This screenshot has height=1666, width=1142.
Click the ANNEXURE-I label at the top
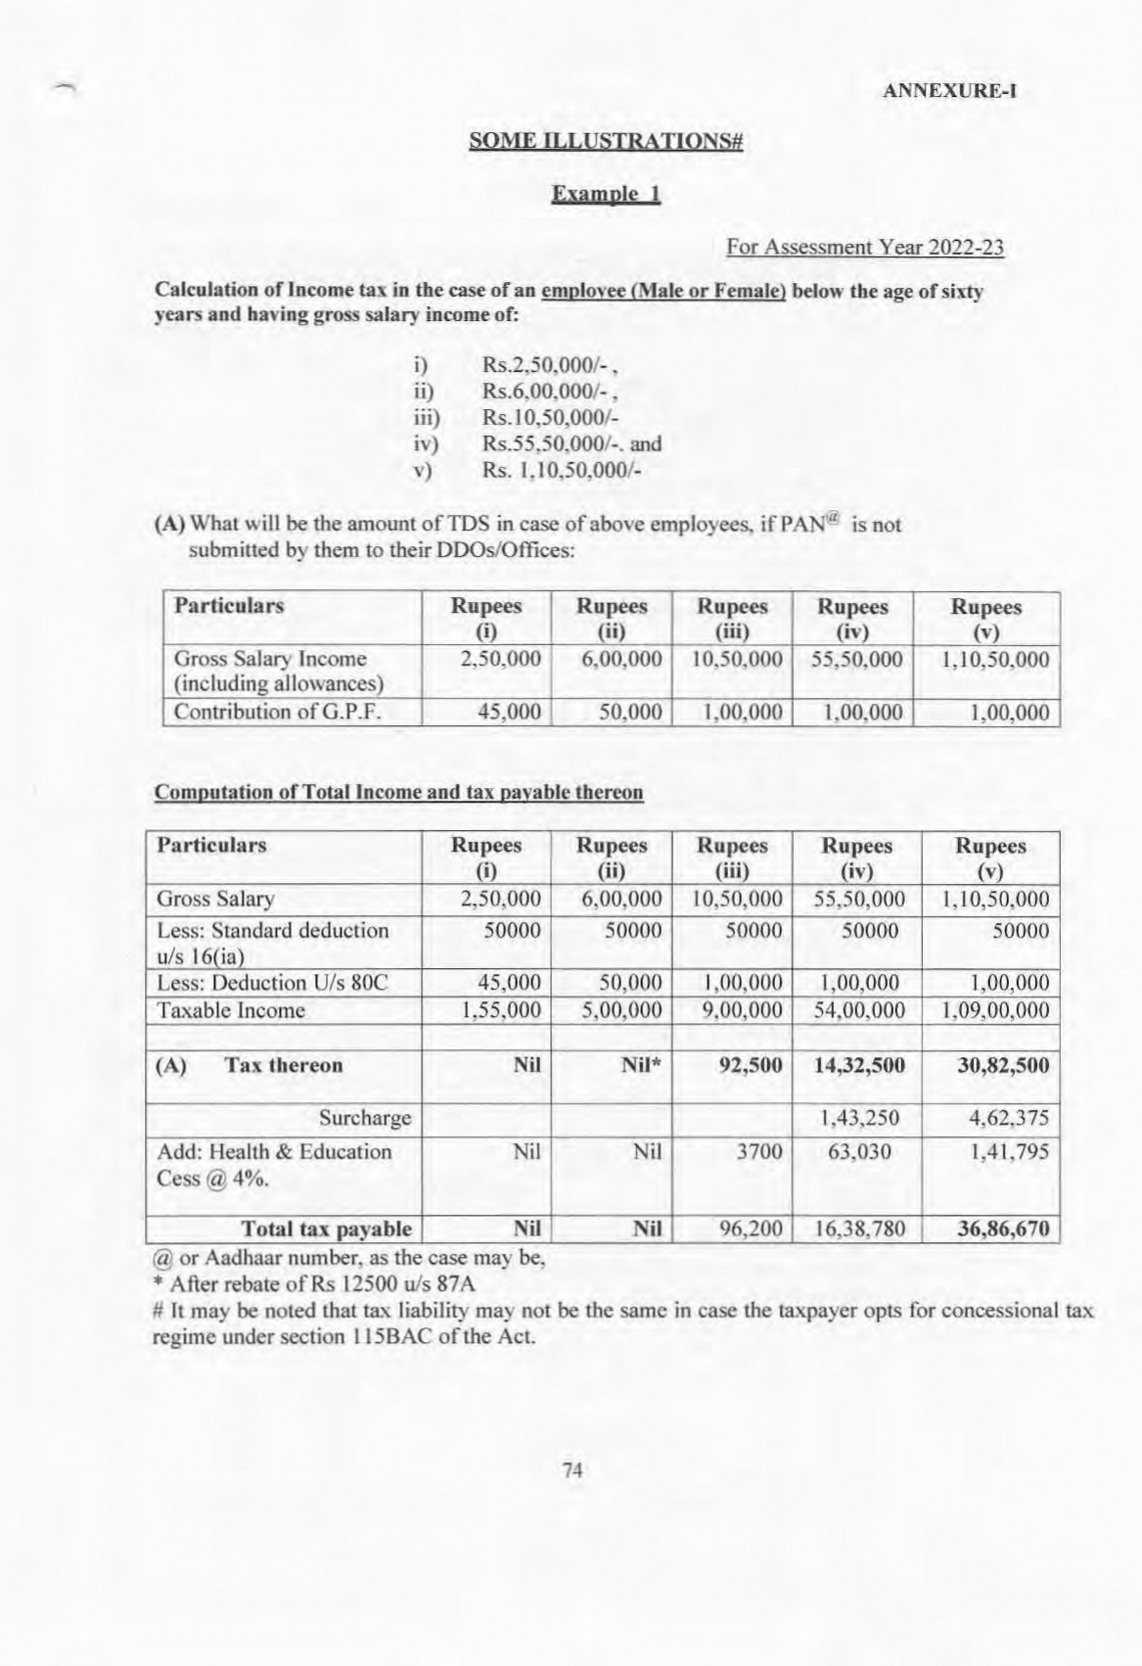point(949,92)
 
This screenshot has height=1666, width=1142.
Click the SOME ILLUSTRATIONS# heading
point(607,141)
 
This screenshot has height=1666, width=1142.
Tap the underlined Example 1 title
point(607,194)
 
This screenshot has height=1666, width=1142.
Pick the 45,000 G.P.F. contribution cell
point(509,712)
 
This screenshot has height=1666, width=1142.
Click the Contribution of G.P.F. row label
point(277,712)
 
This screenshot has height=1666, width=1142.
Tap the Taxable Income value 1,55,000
point(501,1010)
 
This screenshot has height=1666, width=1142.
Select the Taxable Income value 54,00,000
point(858,1010)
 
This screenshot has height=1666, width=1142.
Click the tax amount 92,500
point(751,1065)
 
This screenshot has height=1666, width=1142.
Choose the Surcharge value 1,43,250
point(858,1118)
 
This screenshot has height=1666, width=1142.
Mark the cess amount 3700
point(759,1152)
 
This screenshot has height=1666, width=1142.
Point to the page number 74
point(573,1469)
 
